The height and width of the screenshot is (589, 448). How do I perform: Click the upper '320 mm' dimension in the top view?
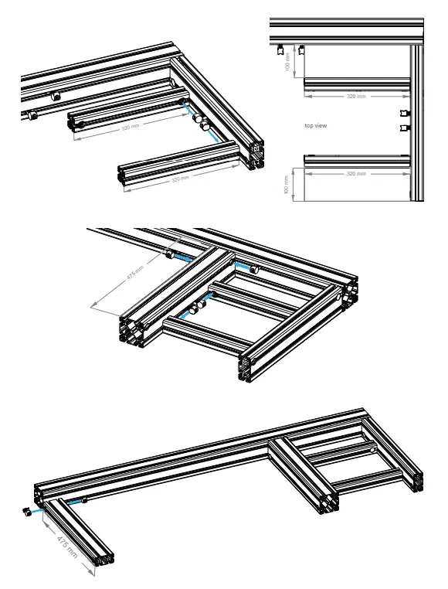coord(355,97)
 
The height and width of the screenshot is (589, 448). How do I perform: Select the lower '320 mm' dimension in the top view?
coord(355,175)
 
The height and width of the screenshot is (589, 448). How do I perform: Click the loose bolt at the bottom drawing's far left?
coord(25,511)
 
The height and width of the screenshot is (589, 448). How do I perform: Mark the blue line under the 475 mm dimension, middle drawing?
coord(183,257)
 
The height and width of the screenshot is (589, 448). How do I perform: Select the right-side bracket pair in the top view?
coord(402,121)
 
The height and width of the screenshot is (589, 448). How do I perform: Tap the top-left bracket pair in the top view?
coord(290,49)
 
